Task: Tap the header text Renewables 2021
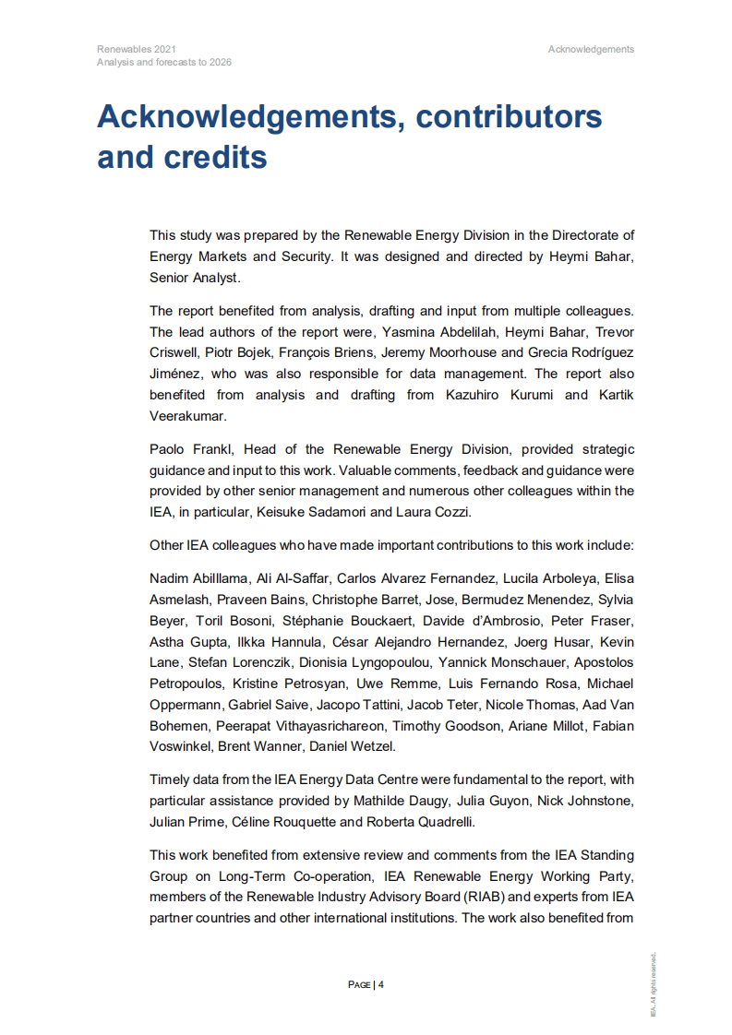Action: click(137, 49)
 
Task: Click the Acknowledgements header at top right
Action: click(591, 49)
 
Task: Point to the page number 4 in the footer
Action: click(380, 984)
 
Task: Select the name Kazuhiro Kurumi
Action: click(509, 395)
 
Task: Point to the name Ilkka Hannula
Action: click(259, 641)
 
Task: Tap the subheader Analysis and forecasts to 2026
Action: click(164, 63)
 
